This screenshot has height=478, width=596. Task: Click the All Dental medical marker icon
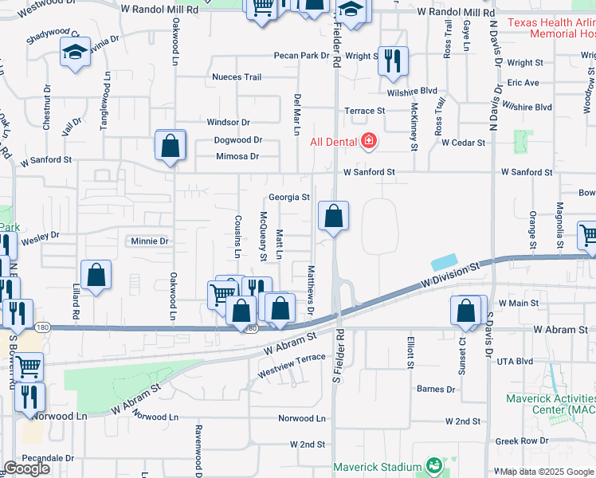point(368,142)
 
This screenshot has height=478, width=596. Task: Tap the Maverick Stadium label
point(377,466)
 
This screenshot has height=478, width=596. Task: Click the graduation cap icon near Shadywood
point(76,53)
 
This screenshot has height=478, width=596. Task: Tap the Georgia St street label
point(288,197)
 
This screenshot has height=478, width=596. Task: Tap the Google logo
point(26,468)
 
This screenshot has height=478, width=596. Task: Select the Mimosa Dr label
point(238,156)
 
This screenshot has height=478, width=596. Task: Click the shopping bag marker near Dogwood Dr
point(171,146)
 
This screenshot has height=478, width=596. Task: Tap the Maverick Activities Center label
point(550,403)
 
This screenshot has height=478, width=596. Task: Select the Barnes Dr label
point(436,389)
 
